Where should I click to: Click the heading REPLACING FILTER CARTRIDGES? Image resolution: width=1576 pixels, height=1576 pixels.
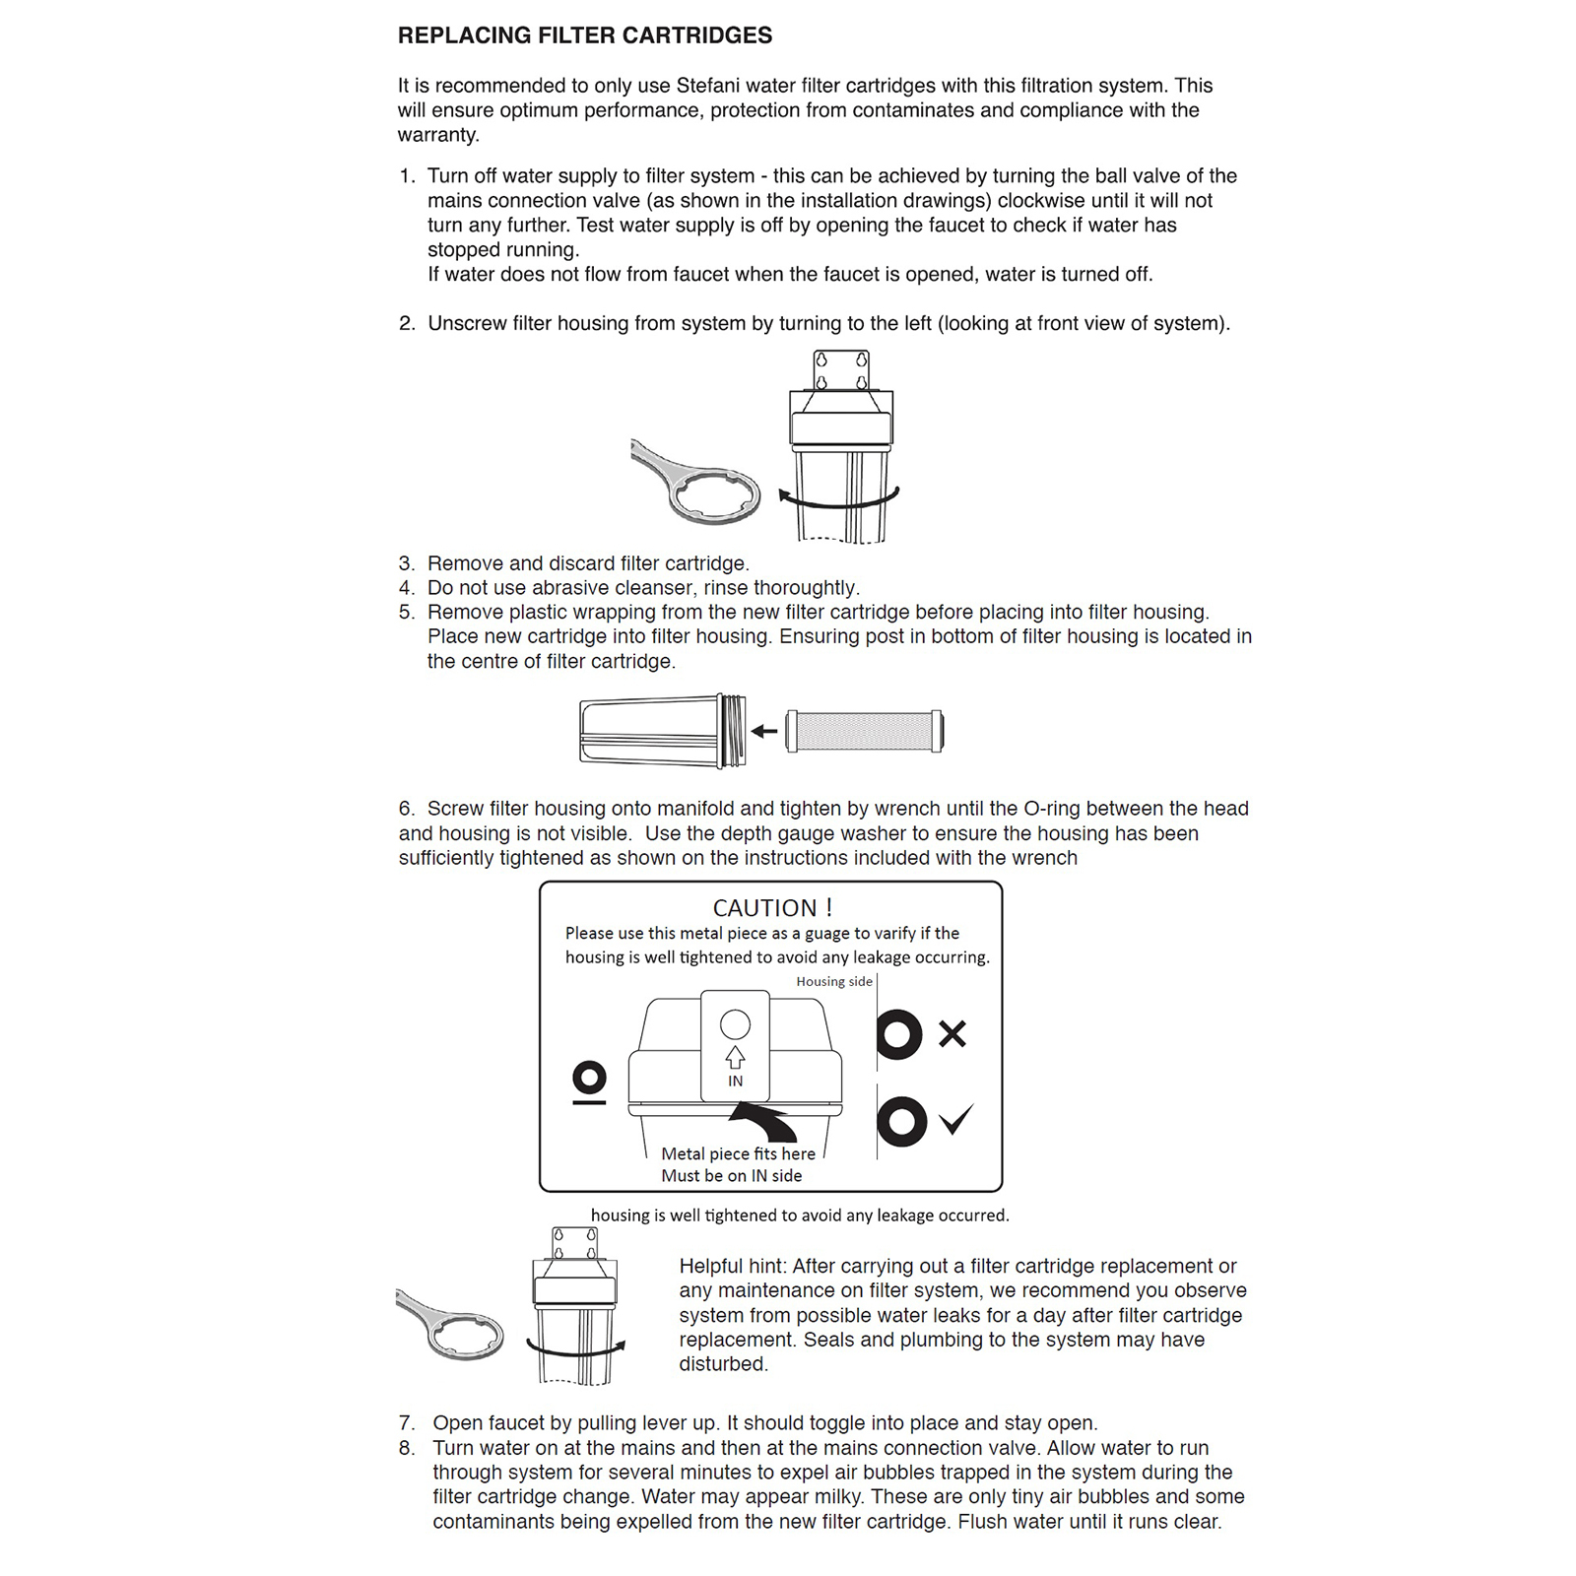[x=585, y=35]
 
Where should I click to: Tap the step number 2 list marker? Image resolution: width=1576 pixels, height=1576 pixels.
[x=407, y=323]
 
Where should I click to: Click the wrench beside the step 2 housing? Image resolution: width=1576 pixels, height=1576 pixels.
[x=695, y=482]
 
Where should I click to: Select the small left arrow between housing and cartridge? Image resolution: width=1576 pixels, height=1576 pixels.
[x=764, y=731]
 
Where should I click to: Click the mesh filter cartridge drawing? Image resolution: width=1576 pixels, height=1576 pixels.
[x=864, y=731]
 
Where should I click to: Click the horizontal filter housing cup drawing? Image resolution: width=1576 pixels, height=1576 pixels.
[x=663, y=731]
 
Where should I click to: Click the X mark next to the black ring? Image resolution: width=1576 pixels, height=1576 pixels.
[x=952, y=1033]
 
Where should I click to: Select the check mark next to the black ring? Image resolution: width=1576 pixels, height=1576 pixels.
[x=955, y=1119]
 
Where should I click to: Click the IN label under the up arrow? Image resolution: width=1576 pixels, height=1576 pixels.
[x=735, y=1081]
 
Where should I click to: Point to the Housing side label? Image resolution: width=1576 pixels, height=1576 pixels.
[x=834, y=981]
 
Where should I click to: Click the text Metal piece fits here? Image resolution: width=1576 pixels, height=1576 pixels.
[x=738, y=1153]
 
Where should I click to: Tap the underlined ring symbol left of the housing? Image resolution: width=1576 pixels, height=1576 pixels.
[x=589, y=1082]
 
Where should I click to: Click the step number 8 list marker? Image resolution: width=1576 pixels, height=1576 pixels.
[x=407, y=1448]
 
